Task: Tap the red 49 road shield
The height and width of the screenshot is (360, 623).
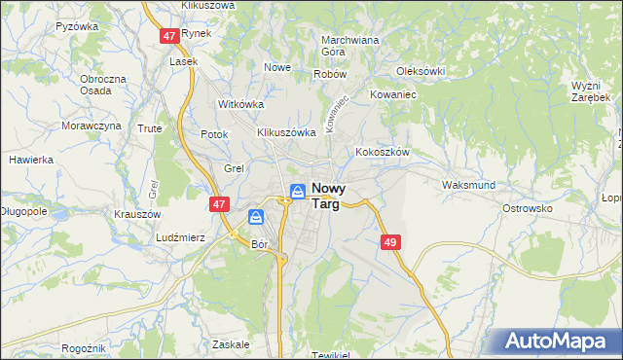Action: point(391,242)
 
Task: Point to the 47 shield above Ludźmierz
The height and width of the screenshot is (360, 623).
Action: point(219,204)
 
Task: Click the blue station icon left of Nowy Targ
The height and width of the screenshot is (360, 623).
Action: point(298,192)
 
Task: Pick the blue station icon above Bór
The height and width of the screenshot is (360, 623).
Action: point(256,217)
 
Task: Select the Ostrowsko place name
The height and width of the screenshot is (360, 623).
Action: point(527,208)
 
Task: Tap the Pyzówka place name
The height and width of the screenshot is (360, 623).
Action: point(78,26)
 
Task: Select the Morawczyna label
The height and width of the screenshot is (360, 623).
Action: point(92,126)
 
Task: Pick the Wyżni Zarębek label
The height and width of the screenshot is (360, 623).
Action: point(591,91)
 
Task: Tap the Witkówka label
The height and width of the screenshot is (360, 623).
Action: point(241,104)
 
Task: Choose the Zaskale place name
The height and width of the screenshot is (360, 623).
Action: point(231,344)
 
